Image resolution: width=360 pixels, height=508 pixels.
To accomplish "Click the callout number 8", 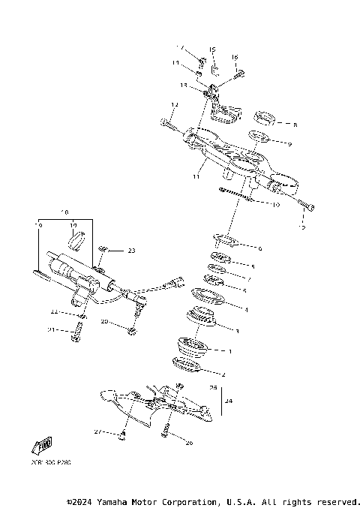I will (x=295, y=125).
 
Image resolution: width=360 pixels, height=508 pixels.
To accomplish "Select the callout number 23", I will (x=131, y=250).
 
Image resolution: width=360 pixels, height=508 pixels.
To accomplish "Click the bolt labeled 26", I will (x=165, y=430).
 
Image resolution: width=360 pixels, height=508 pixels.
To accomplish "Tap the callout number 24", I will (x=229, y=401).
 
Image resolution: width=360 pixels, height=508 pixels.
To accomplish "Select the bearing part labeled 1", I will (x=193, y=347).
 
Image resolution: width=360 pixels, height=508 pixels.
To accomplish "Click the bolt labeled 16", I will (x=238, y=74).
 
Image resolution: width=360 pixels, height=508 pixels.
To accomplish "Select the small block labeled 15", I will (x=213, y=71).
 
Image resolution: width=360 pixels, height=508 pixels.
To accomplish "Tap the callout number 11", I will (x=196, y=178).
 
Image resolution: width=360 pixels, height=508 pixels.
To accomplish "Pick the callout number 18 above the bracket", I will (x=64, y=212).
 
